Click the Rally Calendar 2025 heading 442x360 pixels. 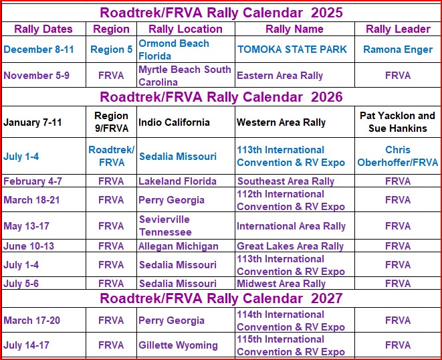[221, 12]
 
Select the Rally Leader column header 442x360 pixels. [397, 29]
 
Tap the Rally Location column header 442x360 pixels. [185, 29]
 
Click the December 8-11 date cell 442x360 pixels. [39, 50]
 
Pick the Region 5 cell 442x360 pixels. [111, 50]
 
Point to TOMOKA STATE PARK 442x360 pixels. [292, 50]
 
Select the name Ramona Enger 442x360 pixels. [397, 50]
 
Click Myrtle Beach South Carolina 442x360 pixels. [185, 76]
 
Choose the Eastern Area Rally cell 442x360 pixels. [280, 76]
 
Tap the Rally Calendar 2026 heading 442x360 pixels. [221, 97]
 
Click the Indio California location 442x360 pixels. [174, 122]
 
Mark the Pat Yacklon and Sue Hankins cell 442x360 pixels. [397, 122]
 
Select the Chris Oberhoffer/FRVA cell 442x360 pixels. [397, 156]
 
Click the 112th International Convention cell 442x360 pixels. [291, 200]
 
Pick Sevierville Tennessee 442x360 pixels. [164, 226]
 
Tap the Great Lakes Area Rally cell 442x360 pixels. [290, 246]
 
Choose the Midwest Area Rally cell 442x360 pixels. [281, 284]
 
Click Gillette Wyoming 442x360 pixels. [178, 345]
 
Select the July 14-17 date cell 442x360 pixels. [31, 345]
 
